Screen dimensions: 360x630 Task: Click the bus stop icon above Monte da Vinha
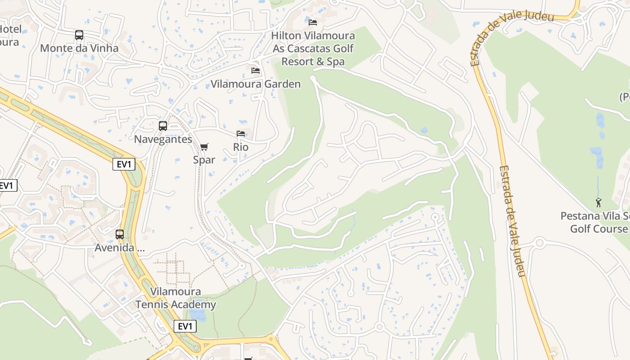pos(79,35)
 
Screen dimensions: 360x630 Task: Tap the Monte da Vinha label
pos(79,48)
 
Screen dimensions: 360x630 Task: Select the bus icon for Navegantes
pos(163,126)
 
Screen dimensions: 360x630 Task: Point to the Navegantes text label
pos(163,139)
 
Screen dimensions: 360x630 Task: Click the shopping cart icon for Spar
pos(204,147)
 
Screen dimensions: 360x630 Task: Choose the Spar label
pos(204,160)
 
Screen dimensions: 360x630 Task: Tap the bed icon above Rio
pos(241,134)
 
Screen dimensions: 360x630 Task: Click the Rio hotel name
pos(241,147)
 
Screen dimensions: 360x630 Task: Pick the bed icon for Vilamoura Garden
pos(256,71)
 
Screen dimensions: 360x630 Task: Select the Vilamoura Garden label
pos(256,84)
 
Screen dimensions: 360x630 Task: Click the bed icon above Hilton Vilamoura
pos(313,22)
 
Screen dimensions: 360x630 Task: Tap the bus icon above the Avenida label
pos(120,234)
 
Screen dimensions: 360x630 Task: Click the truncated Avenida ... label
pos(120,248)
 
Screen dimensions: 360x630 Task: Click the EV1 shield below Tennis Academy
pos(185,326)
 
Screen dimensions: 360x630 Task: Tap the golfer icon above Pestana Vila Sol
pos(598,203)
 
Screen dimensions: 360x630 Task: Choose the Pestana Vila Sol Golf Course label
pos(595,222)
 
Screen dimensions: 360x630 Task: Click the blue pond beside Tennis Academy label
pos(198,315)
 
